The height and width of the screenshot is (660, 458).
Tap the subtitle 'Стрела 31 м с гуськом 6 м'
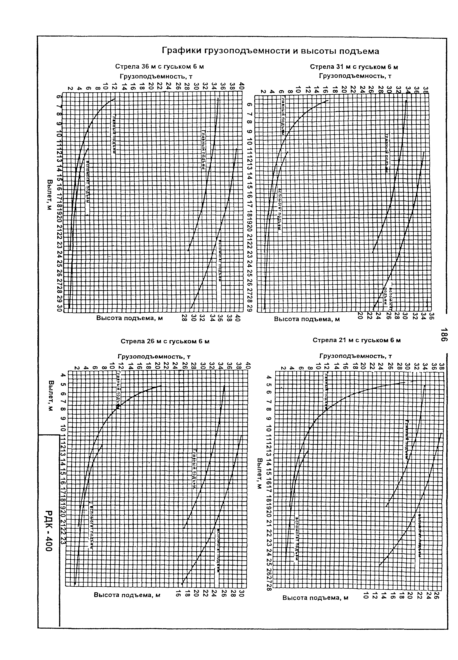pyautogui.click(x=354, y=67)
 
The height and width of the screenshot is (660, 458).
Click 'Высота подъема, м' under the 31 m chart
pyautogui.click(x=307, y=319)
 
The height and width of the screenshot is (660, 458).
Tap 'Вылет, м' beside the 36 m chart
pyautogui.click(x=50, y=194)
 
